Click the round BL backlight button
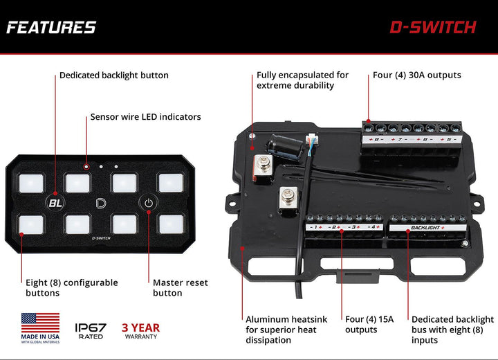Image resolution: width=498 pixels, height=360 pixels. pyautogui.click(x=55, y=203)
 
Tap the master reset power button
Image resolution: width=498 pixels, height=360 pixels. pyautogui.click(x=148, y=203)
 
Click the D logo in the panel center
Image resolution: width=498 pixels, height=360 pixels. pyautogui.click(x=101, y=203)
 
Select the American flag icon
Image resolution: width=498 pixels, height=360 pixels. pyautogui.click(x=40, y=323)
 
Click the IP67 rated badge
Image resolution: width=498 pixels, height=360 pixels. pyautogui.click(x=91, y=331)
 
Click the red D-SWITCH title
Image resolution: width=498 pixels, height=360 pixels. pyautogui.click(x=433, y=28)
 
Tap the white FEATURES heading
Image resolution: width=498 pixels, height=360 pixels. pyautogui.click(x=51, y=28)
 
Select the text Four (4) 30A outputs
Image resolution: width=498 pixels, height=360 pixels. pyautogui.click(x=416, y=75)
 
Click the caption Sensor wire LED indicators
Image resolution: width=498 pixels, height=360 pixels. pyautogui.click(x=145, y=117)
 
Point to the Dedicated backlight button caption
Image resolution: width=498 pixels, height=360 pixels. pyautogui.click(x=113, y=75)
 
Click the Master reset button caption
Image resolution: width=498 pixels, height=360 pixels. pyautogui.click(x=180, y=287)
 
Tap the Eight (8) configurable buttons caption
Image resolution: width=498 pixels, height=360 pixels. pyautogui.click(x=72, y=287)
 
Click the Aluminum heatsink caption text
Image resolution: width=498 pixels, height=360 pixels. pyautogui.click(x=286, y=330)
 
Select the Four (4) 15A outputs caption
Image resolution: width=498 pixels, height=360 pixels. pyautogui.click(x=369, y=325)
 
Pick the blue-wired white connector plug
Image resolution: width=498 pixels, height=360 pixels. pyautogui.click(x=312, y=140)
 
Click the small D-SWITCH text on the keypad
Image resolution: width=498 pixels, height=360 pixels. pyautogui.click(x=101, y=238)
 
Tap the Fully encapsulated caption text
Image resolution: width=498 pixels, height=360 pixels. pyautogui.click(x=302, y=80)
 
